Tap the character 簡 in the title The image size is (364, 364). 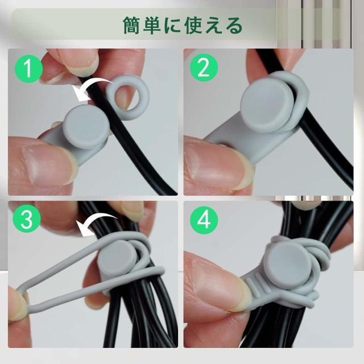coord(132,25)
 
